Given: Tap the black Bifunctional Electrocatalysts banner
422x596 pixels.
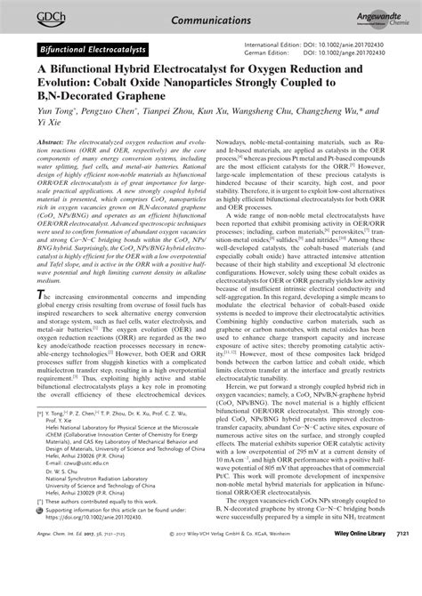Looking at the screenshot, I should coord(94,45).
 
